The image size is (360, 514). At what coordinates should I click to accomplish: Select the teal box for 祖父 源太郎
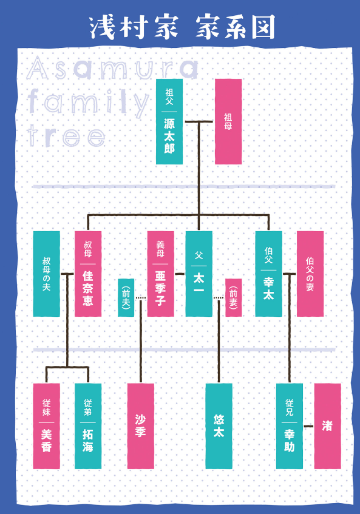169,121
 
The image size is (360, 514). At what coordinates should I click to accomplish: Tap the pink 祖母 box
228,121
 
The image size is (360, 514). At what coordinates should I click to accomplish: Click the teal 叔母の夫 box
47,274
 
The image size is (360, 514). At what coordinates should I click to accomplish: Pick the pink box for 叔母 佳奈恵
88,274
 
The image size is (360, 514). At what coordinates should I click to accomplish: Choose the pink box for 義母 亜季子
161,274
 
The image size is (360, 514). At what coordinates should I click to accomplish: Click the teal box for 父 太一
199,274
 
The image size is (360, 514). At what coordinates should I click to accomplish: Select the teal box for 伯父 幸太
268,274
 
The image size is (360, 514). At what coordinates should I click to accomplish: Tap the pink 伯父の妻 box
310,274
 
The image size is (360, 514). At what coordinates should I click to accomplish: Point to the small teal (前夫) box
126,297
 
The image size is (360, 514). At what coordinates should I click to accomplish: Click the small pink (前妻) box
234,297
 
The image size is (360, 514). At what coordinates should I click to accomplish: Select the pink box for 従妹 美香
47,426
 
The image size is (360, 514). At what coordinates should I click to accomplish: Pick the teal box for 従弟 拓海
88,426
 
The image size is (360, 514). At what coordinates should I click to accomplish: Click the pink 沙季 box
141,426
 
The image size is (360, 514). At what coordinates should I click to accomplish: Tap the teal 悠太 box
219,426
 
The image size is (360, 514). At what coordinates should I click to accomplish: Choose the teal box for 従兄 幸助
290,426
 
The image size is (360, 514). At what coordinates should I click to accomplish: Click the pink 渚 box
328,426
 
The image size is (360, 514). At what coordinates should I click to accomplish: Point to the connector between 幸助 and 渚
308,427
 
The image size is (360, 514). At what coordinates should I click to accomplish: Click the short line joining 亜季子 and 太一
180,274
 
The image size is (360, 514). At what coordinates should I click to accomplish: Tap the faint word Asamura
112,69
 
